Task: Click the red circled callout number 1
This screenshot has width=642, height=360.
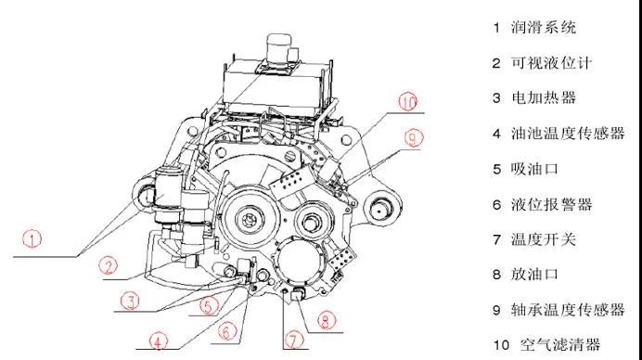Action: pyautogui.click(x=32, y=238)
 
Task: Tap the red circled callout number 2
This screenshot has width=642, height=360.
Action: pyautogui.click(x=109, y=265)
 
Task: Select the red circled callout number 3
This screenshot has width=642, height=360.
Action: pyautogui.click(x=130, y=301)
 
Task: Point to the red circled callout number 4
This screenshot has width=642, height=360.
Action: pyautogui.click(x=159, y=341)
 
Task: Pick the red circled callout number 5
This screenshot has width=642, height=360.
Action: pyautogui.click(x=209, y=305)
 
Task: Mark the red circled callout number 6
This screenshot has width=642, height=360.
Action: pyautogui.click(x=227, y=331)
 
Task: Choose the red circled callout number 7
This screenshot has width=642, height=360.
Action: pyautogui.click(x=294, y=340)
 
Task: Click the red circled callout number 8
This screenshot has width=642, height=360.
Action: pyautogui.click(x=326, y=320)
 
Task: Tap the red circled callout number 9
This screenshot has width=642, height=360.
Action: pyautogui.click(x=413, y=138)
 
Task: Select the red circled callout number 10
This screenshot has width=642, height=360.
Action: pyautogui.click(x=408, y=101)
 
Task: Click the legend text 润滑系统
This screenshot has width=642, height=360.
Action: pyautogui.click(x=544, y=28)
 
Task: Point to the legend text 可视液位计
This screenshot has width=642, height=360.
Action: pyautogui.click(x=551, y=63)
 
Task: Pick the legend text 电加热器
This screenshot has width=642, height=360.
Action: pyautogui.click(x=544, y=97)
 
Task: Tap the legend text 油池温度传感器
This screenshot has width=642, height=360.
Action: pyautogui.click(x=568, y=134)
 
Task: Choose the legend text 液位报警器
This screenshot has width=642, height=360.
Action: pyautogui.click(x=551, y=204)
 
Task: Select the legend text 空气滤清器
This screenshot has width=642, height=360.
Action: pyautogui.click(x=560, y=344)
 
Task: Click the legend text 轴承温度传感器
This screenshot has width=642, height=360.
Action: pyautogui.click(x=568, y=310)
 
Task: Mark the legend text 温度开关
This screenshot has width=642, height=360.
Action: pyautogui.click(x=544, y=239)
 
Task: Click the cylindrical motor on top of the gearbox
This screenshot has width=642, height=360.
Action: pyautogui.click(x=279, y=47)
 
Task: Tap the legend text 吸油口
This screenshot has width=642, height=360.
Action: pyautogui.click(x=534, y=169)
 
